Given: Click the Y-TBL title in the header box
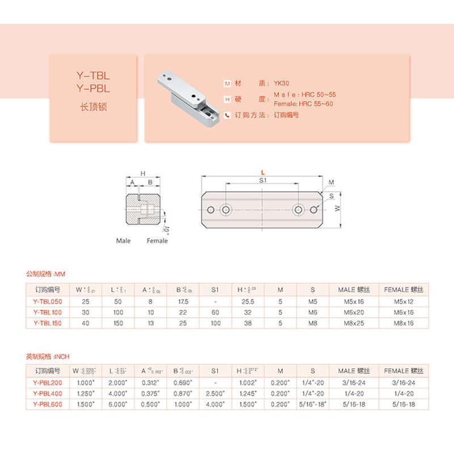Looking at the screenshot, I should tap(93, 75).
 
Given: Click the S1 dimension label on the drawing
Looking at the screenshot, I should tap(262, 179).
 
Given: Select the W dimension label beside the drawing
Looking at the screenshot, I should tap(338, 209).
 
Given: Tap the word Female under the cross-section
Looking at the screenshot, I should tap(157, 241).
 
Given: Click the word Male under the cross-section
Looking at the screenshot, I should tap(123, 241).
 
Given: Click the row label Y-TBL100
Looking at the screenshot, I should tap(48, 312).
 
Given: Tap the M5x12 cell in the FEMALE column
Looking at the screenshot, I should tap(403, 301).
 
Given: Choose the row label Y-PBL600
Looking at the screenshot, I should tap(48, 404).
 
